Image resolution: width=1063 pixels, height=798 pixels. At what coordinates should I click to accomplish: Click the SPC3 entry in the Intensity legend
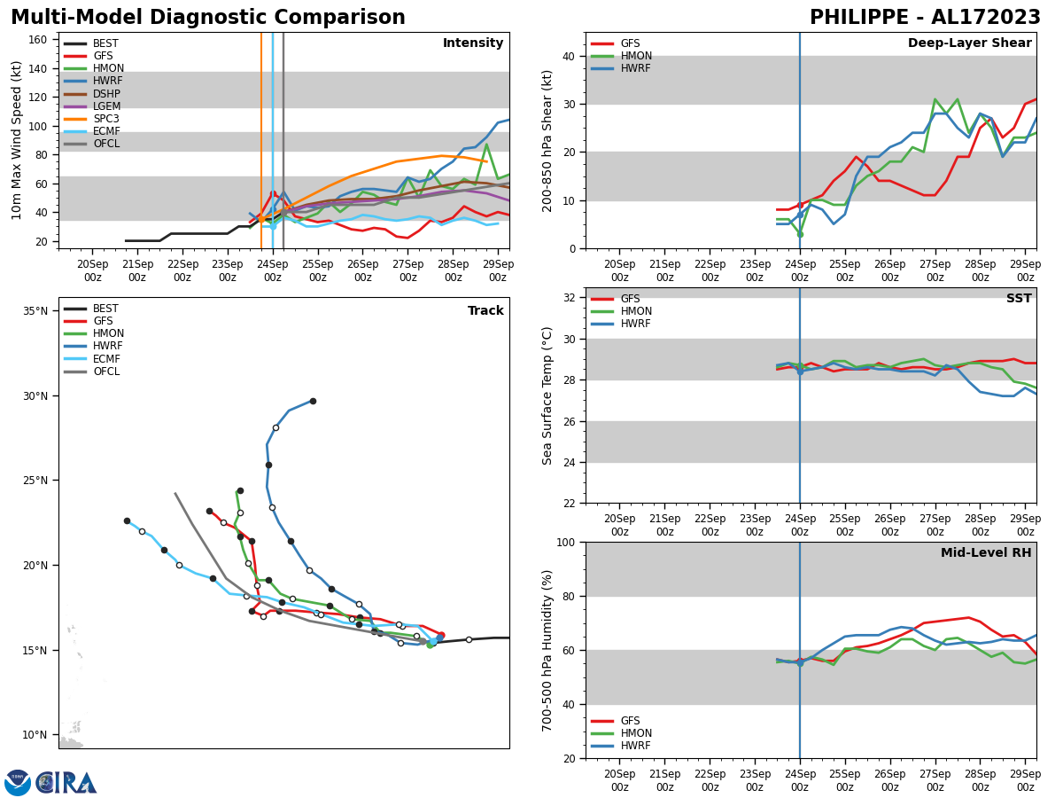tap(105, 119)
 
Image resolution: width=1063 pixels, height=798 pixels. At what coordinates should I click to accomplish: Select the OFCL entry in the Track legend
tap(105, 372)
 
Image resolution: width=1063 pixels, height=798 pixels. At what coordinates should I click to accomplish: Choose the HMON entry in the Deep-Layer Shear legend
tap(636, 56)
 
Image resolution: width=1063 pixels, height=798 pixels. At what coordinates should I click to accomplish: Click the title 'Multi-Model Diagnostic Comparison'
tap(208, 18)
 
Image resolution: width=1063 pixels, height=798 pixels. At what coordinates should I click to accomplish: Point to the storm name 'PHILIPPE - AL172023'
tap(925, 18)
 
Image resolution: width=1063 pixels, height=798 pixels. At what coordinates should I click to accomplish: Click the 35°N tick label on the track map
tap(35, 311)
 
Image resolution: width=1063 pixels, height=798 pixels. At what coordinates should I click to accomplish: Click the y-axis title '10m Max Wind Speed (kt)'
tap(17, 140)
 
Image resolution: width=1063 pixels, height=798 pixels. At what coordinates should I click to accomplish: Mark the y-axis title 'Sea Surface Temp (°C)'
tap(547, 395)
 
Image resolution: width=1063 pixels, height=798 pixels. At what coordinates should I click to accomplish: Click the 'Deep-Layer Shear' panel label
tap(969, 43)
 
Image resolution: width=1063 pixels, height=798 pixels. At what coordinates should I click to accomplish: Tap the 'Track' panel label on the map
tap(485, 311)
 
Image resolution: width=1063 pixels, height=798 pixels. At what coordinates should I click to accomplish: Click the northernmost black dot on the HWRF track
tap(313, 401)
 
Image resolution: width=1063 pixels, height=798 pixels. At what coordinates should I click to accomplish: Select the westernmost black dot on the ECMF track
tap(127, 520)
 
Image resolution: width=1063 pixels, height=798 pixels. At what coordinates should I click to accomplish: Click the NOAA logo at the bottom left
tap(18, 782)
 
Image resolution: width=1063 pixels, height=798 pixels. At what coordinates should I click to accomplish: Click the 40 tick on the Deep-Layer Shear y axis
tap(567, 56)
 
